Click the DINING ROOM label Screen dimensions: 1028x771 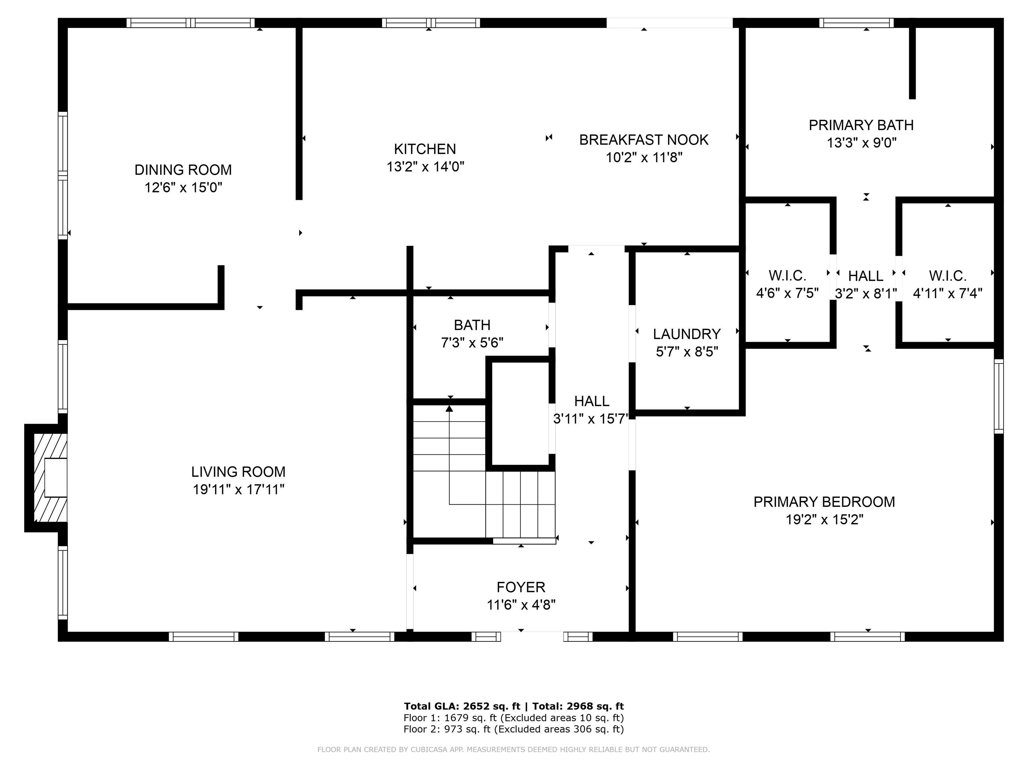183,170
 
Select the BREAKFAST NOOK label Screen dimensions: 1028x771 644,140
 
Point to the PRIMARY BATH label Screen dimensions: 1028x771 861,125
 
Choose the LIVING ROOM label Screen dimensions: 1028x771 238,472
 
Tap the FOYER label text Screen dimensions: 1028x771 521,587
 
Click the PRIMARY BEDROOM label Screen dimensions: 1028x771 824,502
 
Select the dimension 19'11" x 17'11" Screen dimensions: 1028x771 238,489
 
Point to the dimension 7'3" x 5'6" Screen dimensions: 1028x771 472,343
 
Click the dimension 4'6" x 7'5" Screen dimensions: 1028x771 787,293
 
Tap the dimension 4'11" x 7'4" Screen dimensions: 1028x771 948,293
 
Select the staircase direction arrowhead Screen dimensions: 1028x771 449,409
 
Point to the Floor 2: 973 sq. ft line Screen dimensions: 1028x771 514,729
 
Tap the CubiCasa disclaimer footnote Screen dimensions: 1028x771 514,749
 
